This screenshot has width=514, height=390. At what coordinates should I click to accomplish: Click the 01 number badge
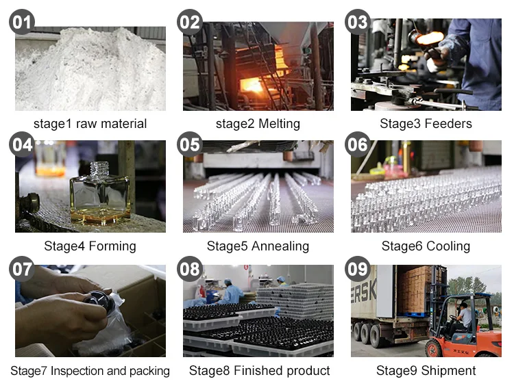22,22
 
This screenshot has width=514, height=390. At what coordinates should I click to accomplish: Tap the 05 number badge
190,145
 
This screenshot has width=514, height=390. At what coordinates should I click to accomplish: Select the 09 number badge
358,269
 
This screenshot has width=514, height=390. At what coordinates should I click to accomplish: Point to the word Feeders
448,124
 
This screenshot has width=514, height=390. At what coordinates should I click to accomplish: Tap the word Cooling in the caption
448,246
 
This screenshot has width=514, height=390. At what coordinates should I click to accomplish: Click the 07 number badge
22,269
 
